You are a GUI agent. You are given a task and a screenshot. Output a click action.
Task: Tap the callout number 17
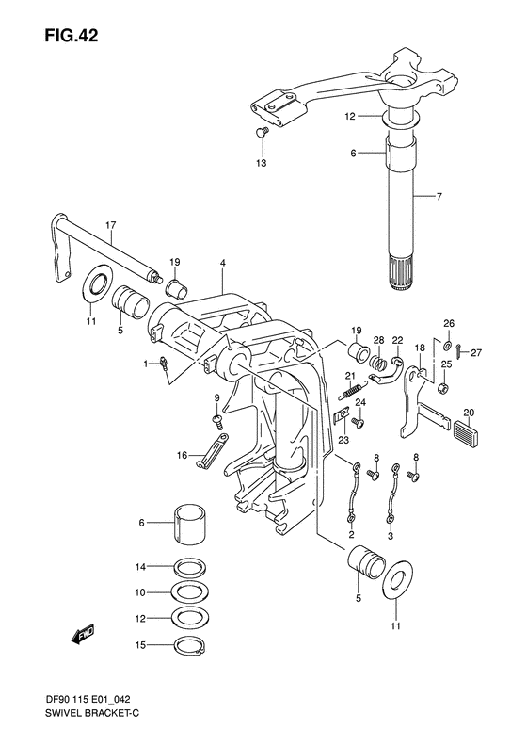coord(111,226)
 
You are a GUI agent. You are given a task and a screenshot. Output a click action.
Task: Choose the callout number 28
coord(378,340)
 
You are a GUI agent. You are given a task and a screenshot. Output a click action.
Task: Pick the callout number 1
coord(146,362)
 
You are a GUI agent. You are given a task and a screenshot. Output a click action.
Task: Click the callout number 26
coord(448,321)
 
